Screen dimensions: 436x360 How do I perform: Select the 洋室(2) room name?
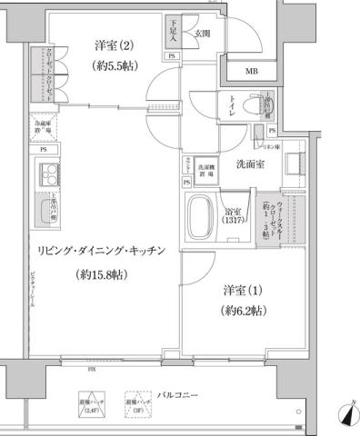(113, 45)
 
